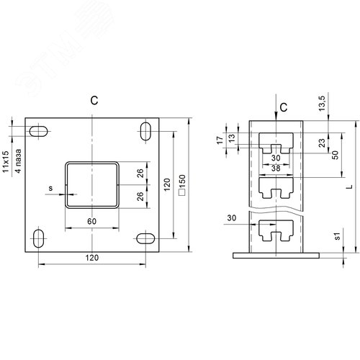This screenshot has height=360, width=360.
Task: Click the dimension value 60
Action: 91,221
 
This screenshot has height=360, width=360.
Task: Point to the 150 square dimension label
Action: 182,185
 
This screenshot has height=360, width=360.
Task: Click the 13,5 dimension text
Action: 322,103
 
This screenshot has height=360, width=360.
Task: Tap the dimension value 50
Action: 336,155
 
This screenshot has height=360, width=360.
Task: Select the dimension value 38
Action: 276,168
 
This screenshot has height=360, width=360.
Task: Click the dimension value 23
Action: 322,143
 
